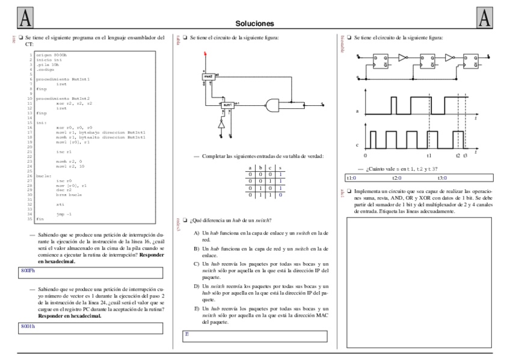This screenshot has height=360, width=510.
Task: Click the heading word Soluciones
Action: click(255, 23)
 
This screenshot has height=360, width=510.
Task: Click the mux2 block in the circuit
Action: click(209, 77)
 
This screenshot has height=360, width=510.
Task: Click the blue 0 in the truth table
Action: click(280, 195)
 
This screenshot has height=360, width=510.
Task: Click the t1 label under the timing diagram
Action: click(429, 155)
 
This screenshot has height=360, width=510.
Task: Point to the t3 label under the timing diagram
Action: click(465, 155)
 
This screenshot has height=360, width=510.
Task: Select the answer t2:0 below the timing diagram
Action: click(397, 178)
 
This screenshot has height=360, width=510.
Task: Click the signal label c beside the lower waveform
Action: click(357, 145)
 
